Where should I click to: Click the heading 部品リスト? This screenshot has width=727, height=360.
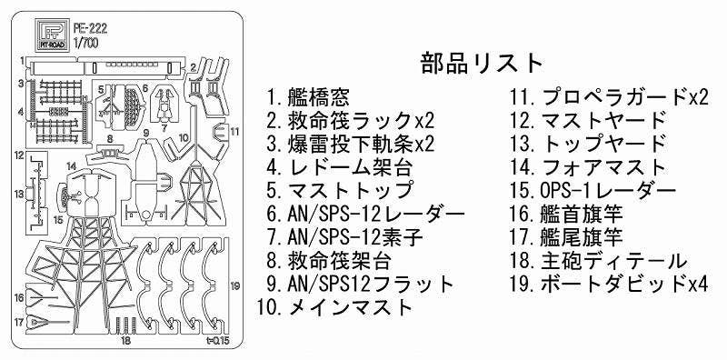click(482, 63)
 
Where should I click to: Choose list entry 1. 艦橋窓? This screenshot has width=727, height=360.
click(308, 96)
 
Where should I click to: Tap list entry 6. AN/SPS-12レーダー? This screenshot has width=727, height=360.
click(365, 214)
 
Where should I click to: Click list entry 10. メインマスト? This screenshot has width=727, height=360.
click(336, 307)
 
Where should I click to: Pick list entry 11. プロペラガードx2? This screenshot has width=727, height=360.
click(608, 96)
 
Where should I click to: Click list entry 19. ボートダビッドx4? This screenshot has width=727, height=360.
click(608, 284)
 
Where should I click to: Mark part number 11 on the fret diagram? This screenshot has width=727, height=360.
click(234, 131)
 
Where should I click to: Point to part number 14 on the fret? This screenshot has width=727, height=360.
click(70, 166)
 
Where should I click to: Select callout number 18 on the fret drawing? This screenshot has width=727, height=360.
click(126, 341)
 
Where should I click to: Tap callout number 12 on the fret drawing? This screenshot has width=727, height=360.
click(17, 155)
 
